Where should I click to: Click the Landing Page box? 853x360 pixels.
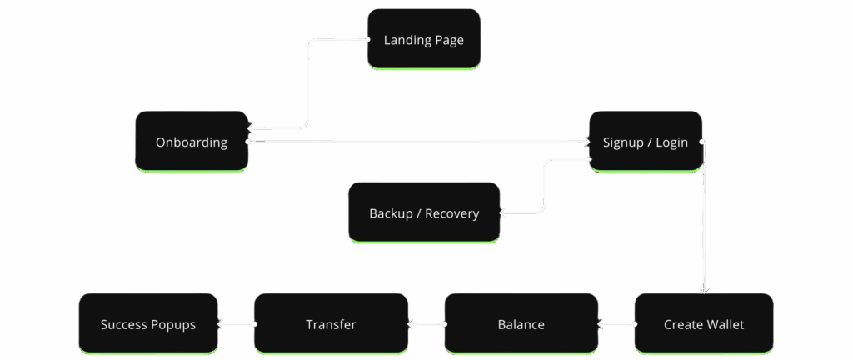pyautogui.click(x=424, y=39)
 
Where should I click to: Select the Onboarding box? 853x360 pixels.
pyautogui.click(x=192, y=142)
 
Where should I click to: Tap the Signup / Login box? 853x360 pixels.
pyautogui.click(x=646, y=142)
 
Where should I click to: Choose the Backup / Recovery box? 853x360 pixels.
pyautogui.click(x=424, y=212)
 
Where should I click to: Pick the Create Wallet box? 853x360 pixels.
pyautogui.click(x=704, y=323)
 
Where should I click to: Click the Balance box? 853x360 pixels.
pyautogui.click(x=521, y=323)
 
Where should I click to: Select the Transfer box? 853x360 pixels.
pyautogui.click(x=331, y=323)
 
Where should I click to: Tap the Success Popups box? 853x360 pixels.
pyautogui.click(x=148, y=323)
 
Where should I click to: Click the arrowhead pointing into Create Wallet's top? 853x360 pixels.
pyautogui.click(x=704, y=289)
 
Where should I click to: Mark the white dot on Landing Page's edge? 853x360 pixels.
pyautogui.click(x=367, y=39)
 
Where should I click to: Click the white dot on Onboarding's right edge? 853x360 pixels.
pyautogui.click(x=248, y=142)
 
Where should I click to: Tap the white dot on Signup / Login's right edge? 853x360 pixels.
pyautogui.click(x=702, y=142)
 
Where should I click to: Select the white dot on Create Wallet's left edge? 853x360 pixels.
pyautogui.click(x=635, y=324)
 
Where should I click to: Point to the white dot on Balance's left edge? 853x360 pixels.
pyautogui.click(x=445, y=324)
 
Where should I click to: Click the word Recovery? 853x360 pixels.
pyautogui.click(x=451, y=213)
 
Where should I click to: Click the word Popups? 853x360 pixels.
pyautogui.click(x=173, y=324)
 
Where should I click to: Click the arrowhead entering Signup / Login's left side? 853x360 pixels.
pyautogui.click(x=586, y=142)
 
